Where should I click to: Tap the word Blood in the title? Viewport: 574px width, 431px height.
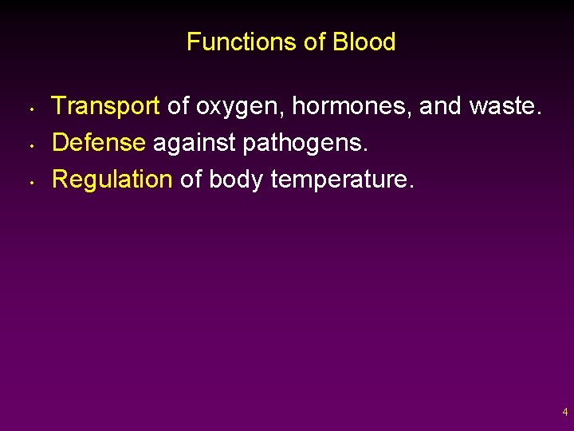[x=364, y=42]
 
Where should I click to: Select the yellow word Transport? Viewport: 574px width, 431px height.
[x=106, y=105]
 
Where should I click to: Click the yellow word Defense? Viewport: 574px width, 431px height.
[x=99, y=142]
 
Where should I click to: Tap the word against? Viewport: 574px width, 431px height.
[x=188, y=143]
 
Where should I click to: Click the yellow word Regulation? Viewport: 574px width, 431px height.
[x=112, y=179]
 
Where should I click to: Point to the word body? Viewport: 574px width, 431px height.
[x=236, y=179]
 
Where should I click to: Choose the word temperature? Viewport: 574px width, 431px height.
[x=342, y=179]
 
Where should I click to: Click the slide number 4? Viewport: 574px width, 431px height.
[x=564, y=413]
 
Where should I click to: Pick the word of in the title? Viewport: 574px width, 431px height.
[x=313, y=42]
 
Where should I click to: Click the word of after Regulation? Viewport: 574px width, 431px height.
[x=191, y=179]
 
